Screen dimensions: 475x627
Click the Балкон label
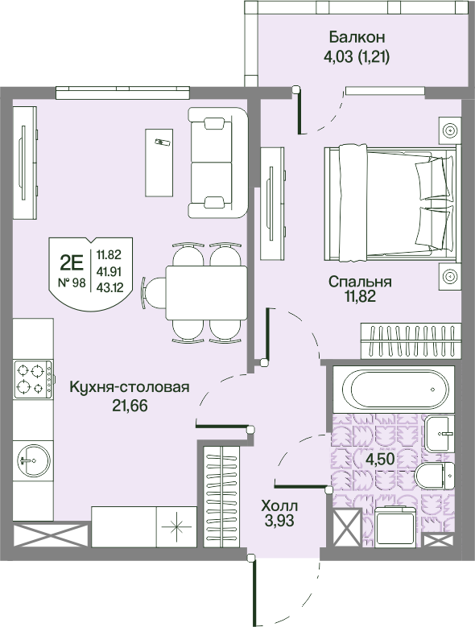click(357, 37)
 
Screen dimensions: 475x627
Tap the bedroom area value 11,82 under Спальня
click(360, 297)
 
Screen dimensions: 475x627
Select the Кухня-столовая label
click(130, 387)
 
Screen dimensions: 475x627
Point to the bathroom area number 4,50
click(380, 458)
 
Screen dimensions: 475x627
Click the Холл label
click(279, 505)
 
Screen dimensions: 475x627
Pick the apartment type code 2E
click(72, 263)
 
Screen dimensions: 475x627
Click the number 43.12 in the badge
click(109, 287)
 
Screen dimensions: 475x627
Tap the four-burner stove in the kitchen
click(33, 379)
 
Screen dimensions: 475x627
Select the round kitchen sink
click(34, 460)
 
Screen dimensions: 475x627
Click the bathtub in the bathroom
click(394, 389)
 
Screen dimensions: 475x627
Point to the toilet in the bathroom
click(434, 476)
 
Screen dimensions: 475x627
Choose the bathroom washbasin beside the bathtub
click(440, 433)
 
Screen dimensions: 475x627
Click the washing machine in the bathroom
click(394, 526)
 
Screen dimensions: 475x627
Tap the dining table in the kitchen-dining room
click(206, 293)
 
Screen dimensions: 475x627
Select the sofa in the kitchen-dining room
click(218, 163)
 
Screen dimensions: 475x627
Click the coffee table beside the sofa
click(159, 163)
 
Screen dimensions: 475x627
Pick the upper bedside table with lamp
click(450, 130)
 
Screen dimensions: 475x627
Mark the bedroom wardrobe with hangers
click(411, 340)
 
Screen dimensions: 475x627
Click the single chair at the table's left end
click(154, 293)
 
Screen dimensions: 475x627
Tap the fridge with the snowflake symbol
click(176, 526)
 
